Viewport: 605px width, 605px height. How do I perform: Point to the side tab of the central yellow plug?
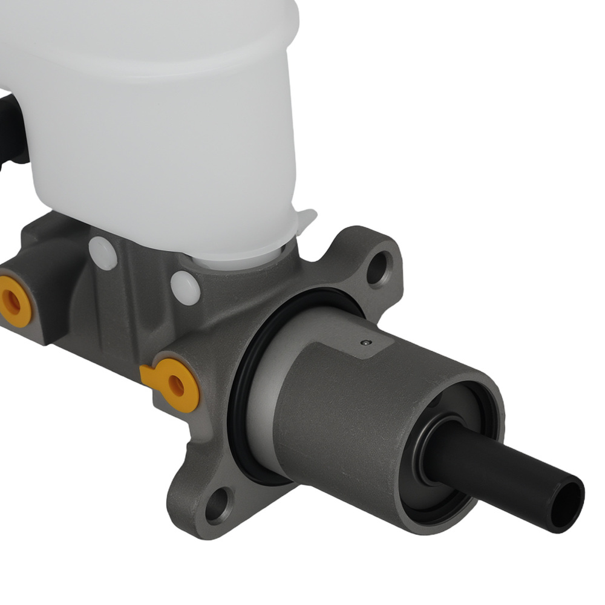[x=148, y=376]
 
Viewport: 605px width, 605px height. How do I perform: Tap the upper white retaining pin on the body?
[x=102, y=253]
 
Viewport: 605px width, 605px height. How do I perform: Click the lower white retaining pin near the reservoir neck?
[x=185, y=287]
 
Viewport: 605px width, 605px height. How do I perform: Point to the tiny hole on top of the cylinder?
[x=365, y=343]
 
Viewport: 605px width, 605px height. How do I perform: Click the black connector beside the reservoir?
[x=11, y=127]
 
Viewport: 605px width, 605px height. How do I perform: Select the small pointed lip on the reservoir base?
[x=307, y=218]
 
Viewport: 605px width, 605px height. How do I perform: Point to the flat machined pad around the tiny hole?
[x=357, y=348]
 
